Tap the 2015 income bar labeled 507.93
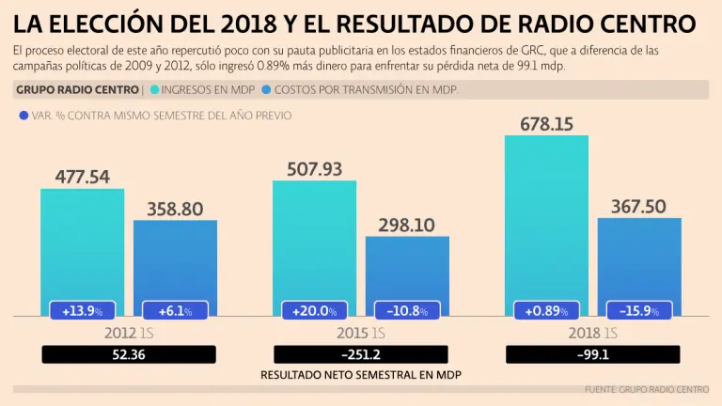click(314, 240)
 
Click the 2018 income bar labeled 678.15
click(546, 216)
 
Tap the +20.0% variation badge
click(314, 310)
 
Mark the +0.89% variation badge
click(546, 310)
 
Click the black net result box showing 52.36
click(129, 354)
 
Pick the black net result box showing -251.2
click(360, 354)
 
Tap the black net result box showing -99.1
click(592, 354)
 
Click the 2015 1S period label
click(360, 333)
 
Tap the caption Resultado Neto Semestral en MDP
click(360, 374)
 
